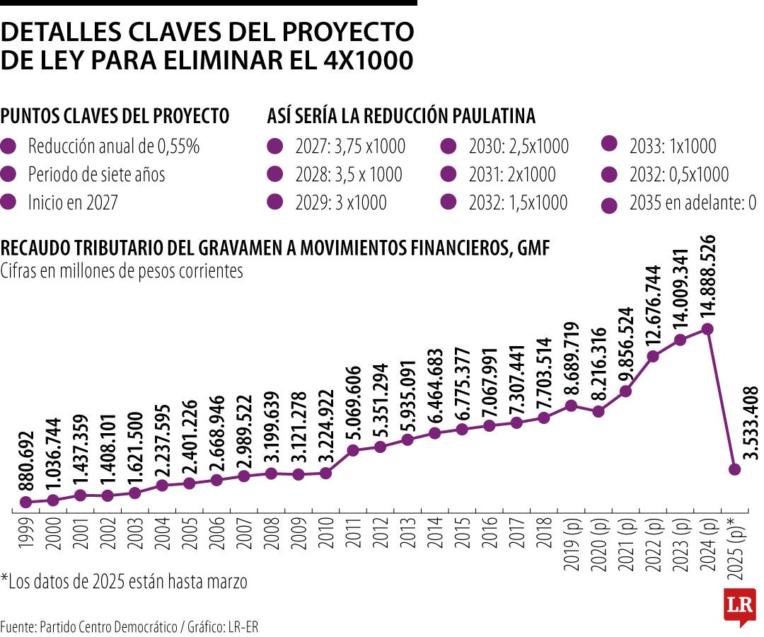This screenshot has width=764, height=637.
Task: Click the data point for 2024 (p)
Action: [707, 329]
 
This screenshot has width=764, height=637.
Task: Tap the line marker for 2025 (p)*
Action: [734, 469]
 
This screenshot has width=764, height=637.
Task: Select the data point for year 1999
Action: [26, 502]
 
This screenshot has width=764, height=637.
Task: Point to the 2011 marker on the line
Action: [353, 450]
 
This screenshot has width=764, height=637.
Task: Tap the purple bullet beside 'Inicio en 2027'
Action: [9, 202]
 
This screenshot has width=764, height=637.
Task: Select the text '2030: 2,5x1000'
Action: [519, 147]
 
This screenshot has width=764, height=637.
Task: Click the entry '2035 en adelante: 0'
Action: [693, 203]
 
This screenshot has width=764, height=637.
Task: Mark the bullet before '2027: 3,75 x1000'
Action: [276, 147]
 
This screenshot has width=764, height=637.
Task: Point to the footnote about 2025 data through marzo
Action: [125, 583]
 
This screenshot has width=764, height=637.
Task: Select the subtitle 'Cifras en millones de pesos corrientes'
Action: [122, 270]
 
